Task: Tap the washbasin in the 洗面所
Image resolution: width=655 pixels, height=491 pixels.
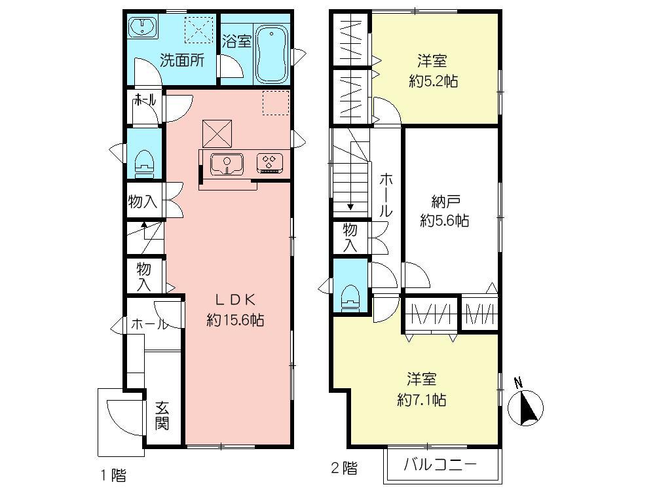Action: pyautogui.click(x=142, y=28)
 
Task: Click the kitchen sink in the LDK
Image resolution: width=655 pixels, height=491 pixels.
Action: pyautogui.click(x=227, y=162)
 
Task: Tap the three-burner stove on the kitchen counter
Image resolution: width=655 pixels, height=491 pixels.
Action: pyautogui.click(x=269, y=161)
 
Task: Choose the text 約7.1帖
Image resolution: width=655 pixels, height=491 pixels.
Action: pyautogui.click(x=421, y=400)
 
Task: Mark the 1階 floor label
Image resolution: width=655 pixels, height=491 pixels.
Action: pyautogui.click(x=113, y=471)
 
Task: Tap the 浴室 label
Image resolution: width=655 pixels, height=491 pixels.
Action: pyautogui.click(x=236, y=41)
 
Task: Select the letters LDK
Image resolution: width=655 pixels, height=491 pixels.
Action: pyautogui.click(x=235, y=300)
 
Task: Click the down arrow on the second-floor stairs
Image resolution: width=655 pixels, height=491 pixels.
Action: pyautogui.click(x=350, y=206)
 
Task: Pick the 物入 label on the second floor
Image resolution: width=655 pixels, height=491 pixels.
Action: pyautogui.click(x=350, y=237)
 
